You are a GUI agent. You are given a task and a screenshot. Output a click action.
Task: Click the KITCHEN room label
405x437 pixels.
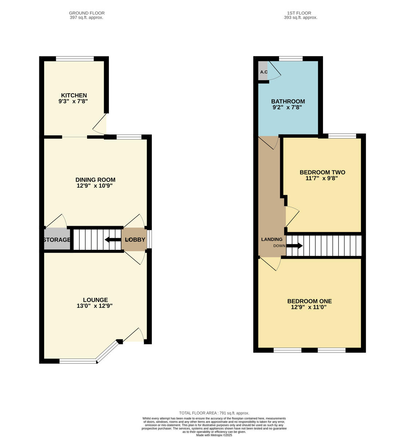(74, 95)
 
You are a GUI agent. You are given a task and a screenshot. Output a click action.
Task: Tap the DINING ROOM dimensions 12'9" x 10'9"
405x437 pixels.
(95, 186)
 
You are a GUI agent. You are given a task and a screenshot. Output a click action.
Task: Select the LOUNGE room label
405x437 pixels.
(95, 300)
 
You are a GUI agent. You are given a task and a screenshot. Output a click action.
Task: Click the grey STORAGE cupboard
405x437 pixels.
(57, 240)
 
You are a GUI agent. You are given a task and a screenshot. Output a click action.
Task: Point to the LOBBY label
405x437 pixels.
(135, 240)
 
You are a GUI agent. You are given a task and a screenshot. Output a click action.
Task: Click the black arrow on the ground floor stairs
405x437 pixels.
(113, 240)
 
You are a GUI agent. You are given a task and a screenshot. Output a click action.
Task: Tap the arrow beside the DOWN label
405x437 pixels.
(294, 246)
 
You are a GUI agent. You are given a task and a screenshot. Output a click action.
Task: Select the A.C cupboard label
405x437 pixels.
(264, 72)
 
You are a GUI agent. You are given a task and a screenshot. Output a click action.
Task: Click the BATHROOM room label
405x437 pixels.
(288, 102)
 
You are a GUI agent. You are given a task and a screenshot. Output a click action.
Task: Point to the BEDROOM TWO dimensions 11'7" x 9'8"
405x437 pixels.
(322, 178)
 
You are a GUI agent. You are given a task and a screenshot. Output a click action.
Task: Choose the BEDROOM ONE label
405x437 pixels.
(310, 301)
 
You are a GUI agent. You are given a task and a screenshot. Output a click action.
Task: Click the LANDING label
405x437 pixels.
(272, 239)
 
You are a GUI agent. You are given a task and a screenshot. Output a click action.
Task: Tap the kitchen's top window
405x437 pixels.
(75, 58)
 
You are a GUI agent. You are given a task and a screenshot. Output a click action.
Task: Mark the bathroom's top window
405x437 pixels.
(291, 58)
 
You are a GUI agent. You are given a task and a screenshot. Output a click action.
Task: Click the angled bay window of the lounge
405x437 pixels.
(108, 351)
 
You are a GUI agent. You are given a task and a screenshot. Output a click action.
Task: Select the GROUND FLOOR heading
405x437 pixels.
(87, 13)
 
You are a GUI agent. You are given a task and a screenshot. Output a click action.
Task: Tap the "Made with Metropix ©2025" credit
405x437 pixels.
(214, 435)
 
